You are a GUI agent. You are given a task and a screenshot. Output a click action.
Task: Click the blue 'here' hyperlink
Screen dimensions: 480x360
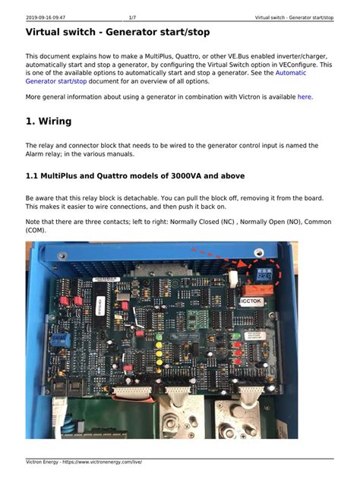[304, 97]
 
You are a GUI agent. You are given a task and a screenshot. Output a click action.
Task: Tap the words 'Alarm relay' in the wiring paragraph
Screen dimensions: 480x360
[47, 154]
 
